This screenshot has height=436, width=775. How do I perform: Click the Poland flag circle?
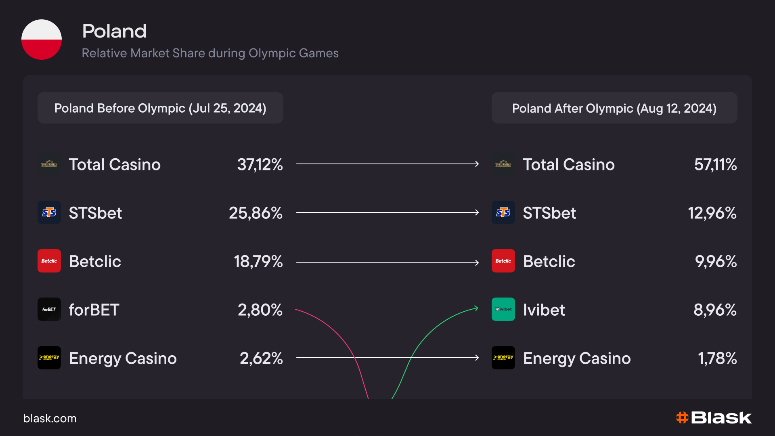(42, 40)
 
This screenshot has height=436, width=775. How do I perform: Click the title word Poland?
(114, 31)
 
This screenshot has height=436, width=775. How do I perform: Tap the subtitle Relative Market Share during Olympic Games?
(210, 53)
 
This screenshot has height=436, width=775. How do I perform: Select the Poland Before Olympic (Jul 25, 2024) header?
(160, 108)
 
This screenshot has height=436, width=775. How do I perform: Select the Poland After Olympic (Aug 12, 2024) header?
(614, 108)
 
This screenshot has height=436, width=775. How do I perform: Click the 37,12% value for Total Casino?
(260, 165)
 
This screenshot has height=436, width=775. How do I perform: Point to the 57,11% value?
(715, 165)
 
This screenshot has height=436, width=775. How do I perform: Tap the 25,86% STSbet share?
(256, 213)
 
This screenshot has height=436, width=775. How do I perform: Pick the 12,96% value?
(712, 213)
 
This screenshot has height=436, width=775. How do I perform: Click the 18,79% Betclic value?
(258, 262)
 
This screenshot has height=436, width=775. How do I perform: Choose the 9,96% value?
(716, 262)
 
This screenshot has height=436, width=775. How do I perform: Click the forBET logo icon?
(49, 309)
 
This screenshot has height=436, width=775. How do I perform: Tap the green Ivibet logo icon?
(503, 309)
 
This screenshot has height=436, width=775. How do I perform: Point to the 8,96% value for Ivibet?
(715, 310)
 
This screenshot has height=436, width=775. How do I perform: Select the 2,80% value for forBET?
(260, 310)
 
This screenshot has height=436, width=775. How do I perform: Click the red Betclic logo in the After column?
(503, 261)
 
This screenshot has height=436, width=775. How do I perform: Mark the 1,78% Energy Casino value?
(717, 358)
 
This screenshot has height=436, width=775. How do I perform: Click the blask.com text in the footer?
(50, 418)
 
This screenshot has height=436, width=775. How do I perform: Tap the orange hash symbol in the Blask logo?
(682, 417)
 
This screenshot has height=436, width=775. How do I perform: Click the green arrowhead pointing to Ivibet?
(476, 308)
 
